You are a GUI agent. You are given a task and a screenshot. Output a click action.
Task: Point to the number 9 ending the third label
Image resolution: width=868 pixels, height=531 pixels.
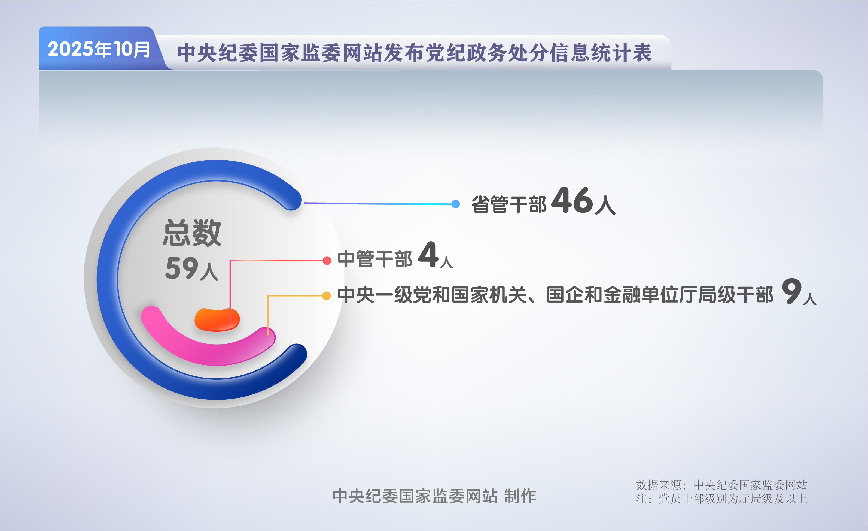pyautogui.click(x=791, y=291)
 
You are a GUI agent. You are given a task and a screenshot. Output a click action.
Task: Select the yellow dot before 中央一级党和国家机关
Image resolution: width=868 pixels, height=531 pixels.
pyautogui.click(x=327, y=296)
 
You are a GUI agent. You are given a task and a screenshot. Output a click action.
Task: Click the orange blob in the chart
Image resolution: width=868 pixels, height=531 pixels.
pyautogui.click(x=217, y=320)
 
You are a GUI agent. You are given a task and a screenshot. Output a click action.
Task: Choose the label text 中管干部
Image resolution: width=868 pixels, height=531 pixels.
pyautogui.click(x=375, y=259)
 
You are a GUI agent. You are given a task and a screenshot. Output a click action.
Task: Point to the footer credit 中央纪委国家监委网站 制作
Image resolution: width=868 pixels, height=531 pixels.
pyautogui.click(x=434, y=496)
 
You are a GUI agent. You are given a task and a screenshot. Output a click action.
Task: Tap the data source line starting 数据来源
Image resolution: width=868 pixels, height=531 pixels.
pyautogui.click(x=721, y=485)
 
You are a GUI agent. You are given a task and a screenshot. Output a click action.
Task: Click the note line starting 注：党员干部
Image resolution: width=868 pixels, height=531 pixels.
pyautogui.click(x=721, y=499)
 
